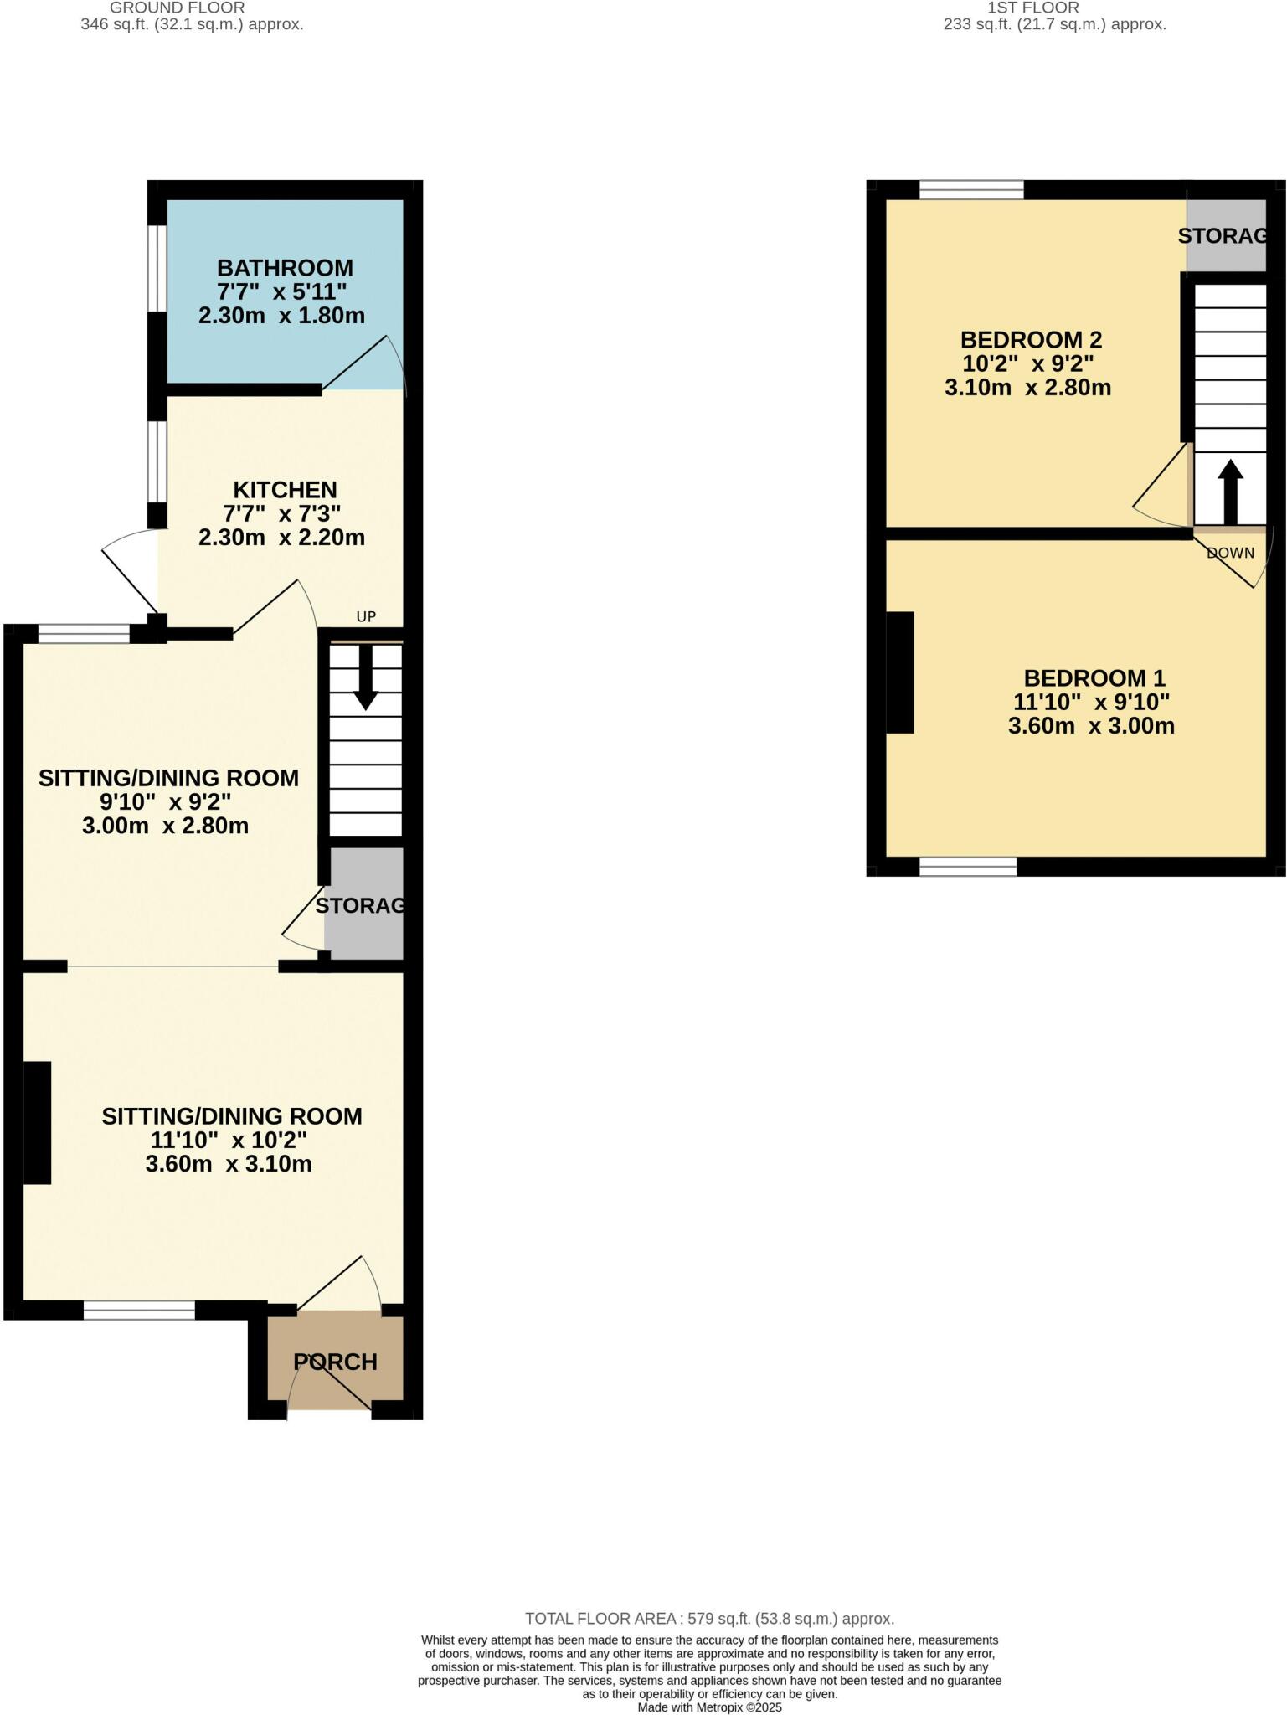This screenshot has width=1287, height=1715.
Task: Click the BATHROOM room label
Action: (x=285, y=268)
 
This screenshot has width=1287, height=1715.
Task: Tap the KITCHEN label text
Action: (x=285, y=490)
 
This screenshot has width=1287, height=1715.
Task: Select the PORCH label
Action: (x=335, y=1362)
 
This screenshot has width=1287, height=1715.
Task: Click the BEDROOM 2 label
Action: (x=1031, y=340)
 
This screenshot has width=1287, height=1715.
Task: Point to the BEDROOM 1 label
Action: (x=1094, y=678)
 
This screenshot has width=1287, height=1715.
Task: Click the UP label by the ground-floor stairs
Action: (x=366, y=617)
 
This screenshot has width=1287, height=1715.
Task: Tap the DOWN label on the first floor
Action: (x=1230, y=553)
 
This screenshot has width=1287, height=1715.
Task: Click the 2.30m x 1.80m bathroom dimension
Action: (x=281, y=316)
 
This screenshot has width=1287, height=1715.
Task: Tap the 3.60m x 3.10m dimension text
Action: (x=229, y=1164)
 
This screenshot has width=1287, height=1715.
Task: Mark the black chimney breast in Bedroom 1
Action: (x=900, y=672)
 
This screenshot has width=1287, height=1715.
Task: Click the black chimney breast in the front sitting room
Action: (x=37, y=1122)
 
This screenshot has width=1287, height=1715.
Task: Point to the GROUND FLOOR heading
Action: (x=177, y=8)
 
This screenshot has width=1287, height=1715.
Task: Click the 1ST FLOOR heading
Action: (x=1033, y=8)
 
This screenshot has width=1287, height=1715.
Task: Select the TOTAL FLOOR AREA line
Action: (x=709, y=1619)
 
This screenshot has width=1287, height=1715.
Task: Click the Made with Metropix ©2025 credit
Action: (x=709, y=1707)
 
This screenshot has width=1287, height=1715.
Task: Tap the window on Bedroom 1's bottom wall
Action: (x=968, y=867)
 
